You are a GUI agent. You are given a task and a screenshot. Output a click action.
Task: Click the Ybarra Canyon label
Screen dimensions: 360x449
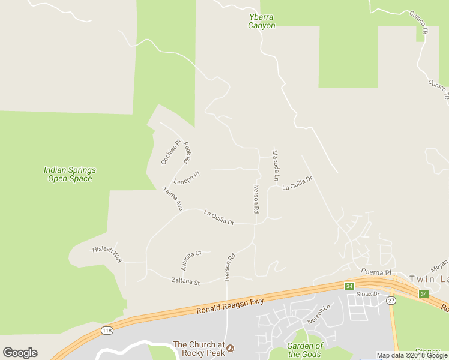click(262, 22)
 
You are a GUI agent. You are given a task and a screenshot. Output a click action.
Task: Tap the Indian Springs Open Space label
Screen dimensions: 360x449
click(70, 174)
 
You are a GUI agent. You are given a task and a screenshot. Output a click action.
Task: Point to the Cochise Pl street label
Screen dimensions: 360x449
click(170, 152)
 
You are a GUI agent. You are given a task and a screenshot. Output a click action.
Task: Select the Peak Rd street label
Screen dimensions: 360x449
click(187, 153)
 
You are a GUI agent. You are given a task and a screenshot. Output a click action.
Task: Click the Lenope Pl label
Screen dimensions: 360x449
click(186, 178)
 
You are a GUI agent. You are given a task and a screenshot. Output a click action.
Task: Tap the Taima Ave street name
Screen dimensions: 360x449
click(173, 199)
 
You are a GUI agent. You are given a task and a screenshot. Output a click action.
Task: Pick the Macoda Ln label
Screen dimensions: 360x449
click(275, 166)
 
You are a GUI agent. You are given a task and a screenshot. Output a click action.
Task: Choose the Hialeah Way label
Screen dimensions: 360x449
click(107, 254)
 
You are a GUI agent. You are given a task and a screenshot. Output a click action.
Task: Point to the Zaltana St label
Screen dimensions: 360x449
click(185, 281)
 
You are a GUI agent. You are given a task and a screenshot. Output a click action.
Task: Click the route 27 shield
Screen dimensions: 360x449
click(391, 300)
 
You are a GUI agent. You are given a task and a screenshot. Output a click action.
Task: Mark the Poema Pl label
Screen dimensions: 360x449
click(376, 272)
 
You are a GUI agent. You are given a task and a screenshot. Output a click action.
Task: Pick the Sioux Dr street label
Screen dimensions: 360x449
click(368, 294)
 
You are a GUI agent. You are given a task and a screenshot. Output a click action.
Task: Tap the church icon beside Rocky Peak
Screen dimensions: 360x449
click(229, 348)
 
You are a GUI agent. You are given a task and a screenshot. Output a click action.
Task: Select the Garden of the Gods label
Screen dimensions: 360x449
click(305, 350)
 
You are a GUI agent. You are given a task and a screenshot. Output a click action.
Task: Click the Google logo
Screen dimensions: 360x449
click(20, 353)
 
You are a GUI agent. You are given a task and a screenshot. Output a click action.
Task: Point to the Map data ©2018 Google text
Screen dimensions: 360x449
click(412, 355)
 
